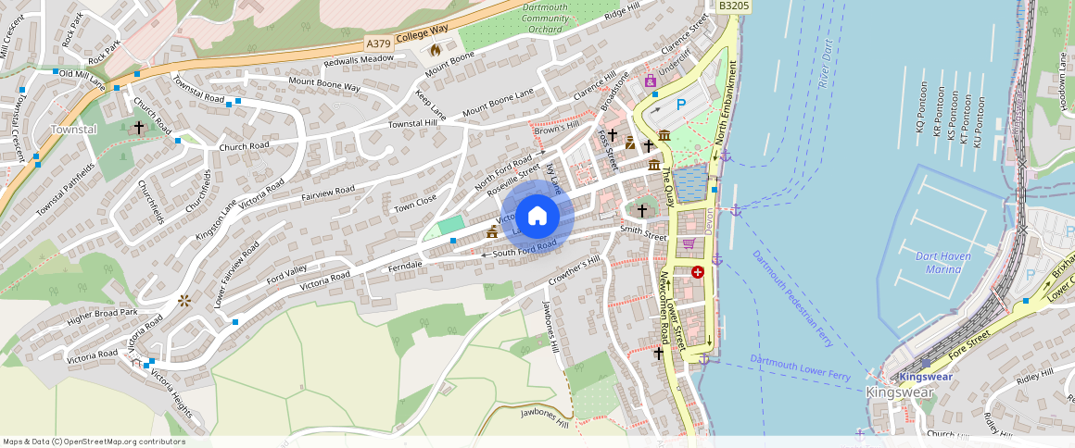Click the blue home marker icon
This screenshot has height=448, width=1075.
537,217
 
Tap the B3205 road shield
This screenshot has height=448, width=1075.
733,6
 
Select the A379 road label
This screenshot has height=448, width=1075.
377,44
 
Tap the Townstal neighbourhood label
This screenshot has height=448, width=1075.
73,130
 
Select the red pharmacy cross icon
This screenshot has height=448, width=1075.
697,272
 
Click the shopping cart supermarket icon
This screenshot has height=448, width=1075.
689,243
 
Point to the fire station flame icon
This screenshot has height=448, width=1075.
434,49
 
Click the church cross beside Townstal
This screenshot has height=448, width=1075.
139,127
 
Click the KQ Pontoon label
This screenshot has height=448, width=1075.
920,112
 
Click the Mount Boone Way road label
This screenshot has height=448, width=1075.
324,85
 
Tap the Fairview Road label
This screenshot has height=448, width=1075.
327,193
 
